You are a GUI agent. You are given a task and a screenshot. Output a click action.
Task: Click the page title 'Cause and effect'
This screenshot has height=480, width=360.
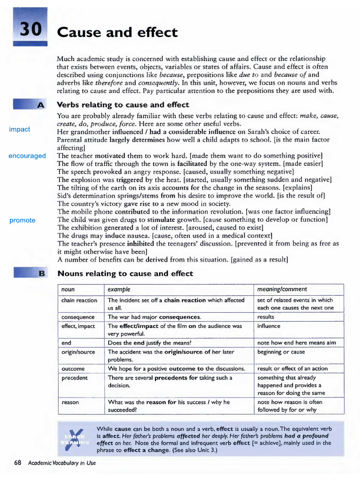coord(117,33)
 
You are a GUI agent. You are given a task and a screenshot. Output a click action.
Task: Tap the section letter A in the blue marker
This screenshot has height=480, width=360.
coord(41,105)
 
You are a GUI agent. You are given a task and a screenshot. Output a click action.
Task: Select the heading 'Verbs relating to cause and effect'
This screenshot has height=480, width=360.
coord(123,105)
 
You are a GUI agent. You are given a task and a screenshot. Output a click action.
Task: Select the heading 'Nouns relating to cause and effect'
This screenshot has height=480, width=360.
coord(125,274)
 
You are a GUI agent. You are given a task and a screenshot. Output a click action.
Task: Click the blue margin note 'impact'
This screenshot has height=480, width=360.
coord(20,129)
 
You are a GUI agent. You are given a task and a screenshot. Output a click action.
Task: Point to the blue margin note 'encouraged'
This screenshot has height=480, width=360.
coord(27,156)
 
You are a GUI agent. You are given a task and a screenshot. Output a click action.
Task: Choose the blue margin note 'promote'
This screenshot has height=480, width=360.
coord(22,220)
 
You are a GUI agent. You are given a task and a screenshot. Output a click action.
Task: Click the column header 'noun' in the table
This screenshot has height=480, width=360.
coord(68,289)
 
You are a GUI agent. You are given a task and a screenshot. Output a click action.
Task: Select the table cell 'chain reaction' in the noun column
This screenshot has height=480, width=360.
coord(79,300)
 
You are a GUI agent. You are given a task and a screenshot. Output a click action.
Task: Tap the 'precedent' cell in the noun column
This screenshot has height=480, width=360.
coord(75,377)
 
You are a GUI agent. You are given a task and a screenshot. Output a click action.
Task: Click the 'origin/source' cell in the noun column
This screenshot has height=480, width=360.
coord(78,352)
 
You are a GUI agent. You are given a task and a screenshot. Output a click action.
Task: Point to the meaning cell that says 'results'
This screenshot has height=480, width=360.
coord(266,317)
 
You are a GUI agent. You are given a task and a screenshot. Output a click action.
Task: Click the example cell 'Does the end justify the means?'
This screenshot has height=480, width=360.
coord(154,343)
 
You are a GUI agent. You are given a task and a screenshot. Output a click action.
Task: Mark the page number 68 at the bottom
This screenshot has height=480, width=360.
coord(18,463)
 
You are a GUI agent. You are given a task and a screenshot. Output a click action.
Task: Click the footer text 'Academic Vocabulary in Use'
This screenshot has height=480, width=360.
coord(61,463)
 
